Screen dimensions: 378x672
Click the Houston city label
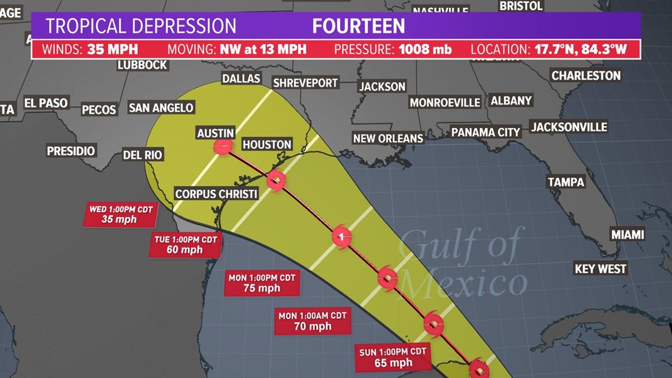(266, 144)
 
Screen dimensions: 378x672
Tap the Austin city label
(216, 134)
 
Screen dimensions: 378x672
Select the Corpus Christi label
(216, 194)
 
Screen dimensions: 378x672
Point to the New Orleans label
(388, 139)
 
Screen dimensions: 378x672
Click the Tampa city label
(566, 182)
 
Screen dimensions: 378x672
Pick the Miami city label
(627, 235)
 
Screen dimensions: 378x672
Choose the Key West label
(600, 269)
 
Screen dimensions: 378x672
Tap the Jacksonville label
(569, 127)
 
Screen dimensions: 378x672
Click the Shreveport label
(305, 83)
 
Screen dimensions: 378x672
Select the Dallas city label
(241, 78)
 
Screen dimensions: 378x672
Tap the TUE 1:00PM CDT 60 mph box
(184, 245)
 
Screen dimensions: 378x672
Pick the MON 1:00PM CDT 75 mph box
(262, 283)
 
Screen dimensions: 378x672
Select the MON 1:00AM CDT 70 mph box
(312, 321)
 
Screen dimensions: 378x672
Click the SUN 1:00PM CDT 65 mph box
(393, 358)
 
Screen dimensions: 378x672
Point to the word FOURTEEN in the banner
(358, 27)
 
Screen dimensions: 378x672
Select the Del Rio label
(143, 156)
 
